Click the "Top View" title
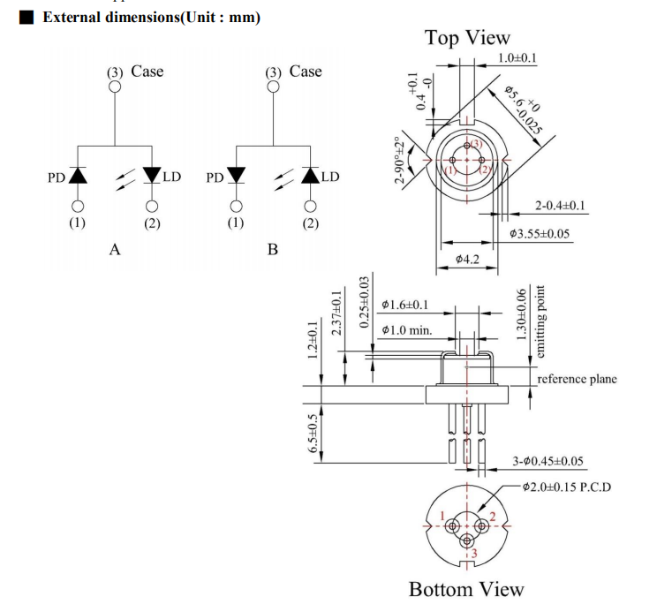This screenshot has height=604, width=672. [466, 38]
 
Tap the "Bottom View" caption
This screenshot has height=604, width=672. [465, 589]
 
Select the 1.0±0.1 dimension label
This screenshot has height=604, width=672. [517, 58]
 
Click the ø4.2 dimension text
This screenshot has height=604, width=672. [467, 260]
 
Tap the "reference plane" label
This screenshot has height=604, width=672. [578, 379]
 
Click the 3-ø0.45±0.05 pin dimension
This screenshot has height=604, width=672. [547, 461]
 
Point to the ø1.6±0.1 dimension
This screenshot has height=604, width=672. [405, 306]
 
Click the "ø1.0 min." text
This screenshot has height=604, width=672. [407, 330]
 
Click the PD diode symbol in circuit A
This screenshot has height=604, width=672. [78, 176]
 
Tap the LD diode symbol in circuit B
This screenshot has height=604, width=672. [309, 176]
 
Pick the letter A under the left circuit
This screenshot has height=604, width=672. [114, 250]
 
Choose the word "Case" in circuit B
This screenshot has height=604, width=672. [306, 72]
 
